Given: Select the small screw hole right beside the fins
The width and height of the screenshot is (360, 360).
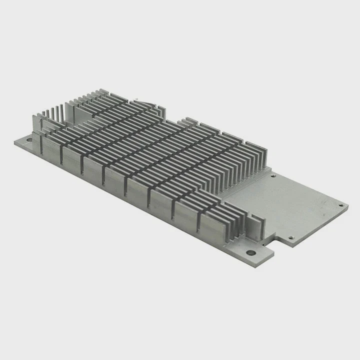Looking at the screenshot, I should click(x=272, y=175).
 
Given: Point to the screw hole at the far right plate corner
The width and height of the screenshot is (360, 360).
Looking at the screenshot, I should click(x=341, y=205).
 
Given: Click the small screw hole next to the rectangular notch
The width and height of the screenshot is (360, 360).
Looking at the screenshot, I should click(x=292, y=237).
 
